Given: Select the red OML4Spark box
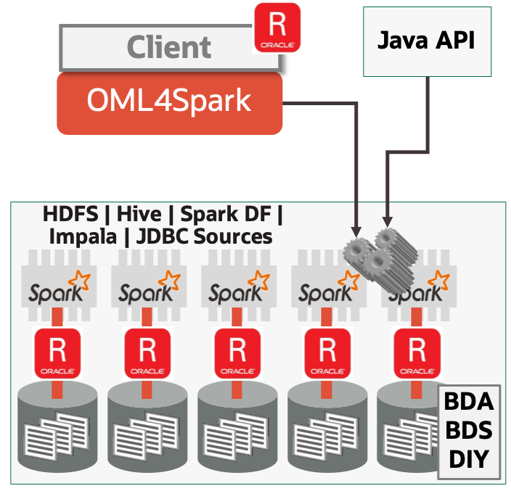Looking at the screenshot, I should tap(169, 102).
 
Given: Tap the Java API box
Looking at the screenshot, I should tap(426, 41).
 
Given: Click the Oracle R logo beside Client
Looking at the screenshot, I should tap(277, 28).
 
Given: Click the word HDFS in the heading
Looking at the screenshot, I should tap(71, 215).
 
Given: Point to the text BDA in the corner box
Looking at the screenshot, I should tap(469, 401).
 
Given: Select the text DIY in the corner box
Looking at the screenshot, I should tap(469, 459).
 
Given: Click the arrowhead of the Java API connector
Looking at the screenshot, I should tap(388, 220).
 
